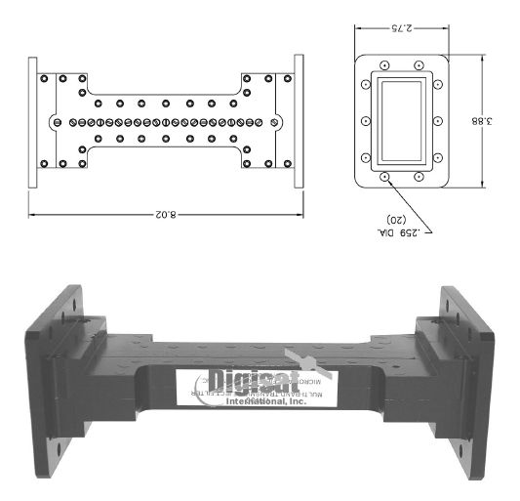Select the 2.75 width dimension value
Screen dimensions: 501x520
400,28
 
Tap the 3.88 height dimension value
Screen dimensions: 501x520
498,120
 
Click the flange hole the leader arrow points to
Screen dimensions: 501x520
384,178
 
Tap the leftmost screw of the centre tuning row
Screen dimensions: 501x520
58,122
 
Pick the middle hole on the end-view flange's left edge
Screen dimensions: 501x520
365,122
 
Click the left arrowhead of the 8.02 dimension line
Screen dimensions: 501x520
31,212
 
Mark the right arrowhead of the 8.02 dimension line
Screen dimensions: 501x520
300,212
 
